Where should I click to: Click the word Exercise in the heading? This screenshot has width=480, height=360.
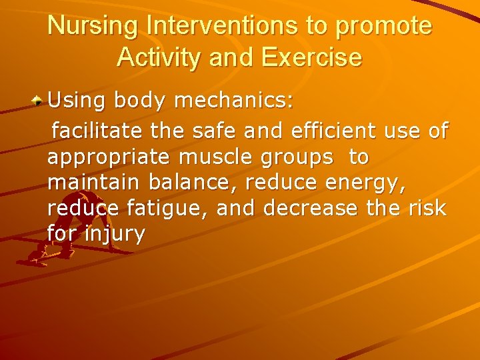pos(313,57)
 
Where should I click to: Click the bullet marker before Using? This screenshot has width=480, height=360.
pos(39,101)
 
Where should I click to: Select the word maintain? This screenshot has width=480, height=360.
pos(94,182)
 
